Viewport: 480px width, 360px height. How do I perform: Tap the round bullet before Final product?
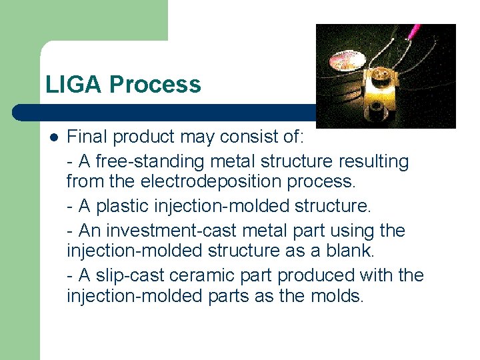53,138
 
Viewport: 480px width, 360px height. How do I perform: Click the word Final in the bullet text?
87,138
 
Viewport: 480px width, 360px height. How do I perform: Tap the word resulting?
374,161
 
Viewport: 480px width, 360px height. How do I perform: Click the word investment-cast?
161,230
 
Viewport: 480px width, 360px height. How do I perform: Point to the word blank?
353,251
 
